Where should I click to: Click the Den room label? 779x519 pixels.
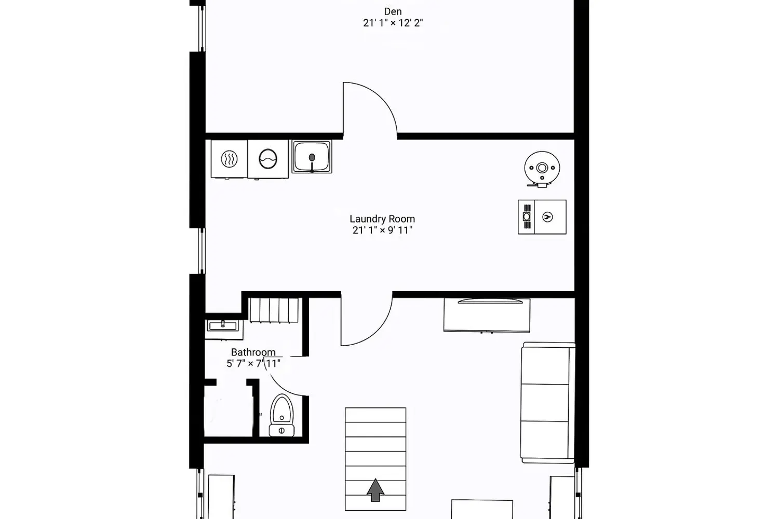click(393, 11)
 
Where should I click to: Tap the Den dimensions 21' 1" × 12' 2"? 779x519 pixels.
click(393, 23)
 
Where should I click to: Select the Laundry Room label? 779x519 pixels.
click(382, 219)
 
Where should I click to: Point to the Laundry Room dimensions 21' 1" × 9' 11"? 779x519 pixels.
click(382, 230)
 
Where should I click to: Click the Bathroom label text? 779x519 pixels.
click(253, 352)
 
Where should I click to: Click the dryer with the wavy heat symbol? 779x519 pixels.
click(229, 159)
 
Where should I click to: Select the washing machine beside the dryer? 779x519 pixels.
click(267, 159)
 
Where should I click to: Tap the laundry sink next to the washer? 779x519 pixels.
click(312, 157)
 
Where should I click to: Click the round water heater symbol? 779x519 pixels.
click(542, 169)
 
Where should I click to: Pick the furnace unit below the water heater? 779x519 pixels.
click(542, 217)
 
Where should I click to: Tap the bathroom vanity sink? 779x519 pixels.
click(223, 326)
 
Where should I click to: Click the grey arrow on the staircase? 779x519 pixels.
click(375, 490)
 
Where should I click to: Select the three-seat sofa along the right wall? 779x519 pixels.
click(547, 403)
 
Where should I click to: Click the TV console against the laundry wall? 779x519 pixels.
click(487, 315)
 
